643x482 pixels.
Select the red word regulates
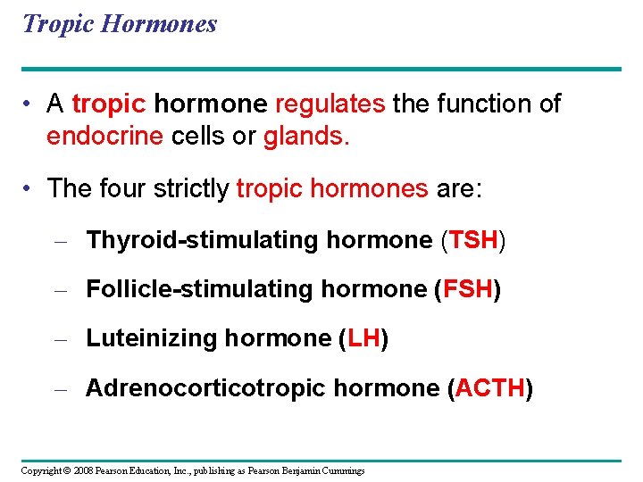[x=330, y=104]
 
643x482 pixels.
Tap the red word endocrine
[x=104, y=137]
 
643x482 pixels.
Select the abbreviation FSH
[x=467, y=289]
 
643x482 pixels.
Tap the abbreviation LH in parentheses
[x=363, y=338]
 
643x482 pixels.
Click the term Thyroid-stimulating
[x=202, y=240]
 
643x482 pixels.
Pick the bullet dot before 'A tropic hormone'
[x=29, y=105]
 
